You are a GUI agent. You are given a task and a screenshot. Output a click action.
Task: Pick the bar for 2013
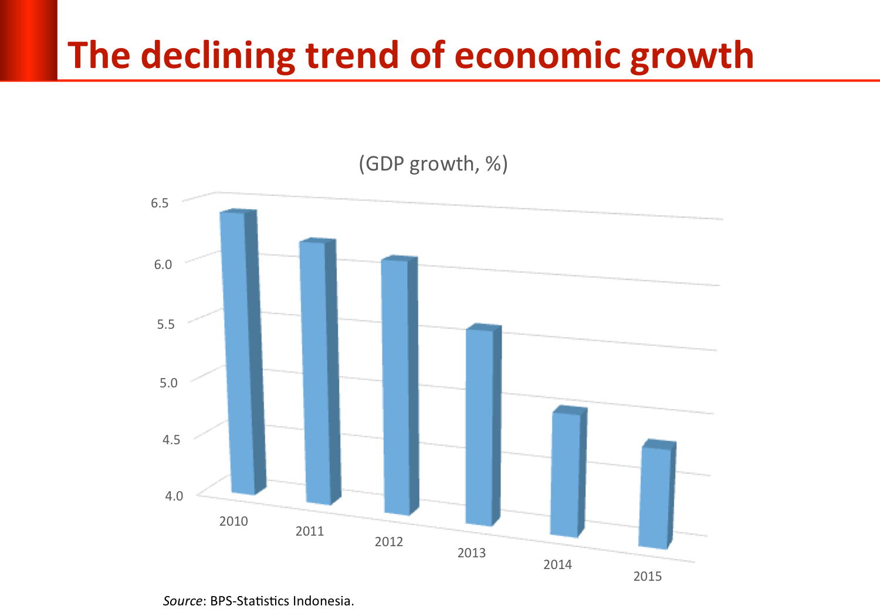pyautogui.click(x=482, y=425)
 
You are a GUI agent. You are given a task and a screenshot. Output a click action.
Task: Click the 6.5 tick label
pyautogui.click(x=160, y=203)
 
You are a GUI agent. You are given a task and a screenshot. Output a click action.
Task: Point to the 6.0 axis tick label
pyautogui.click(x=163, y=264)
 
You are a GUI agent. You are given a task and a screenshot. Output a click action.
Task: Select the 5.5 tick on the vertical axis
pyautogui.click(x=165, y=324)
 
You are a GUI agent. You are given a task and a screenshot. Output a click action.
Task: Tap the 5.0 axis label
pyautogui.click(x=168, y=383)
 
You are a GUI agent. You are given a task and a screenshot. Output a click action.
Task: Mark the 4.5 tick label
pyautogui.click(x=171, y=440)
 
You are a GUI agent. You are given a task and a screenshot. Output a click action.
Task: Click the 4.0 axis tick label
pyautogui.click(x=174, y=496)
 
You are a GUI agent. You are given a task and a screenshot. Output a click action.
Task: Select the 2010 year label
pyautogui.click(x=233, y=521)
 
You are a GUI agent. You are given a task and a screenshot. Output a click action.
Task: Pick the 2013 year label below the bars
pyautogui.click(x=472, y=553)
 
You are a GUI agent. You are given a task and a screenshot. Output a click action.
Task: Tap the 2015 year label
pyautogui.click(x=648, y=576)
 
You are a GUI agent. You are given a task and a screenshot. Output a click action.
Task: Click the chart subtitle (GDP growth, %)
pyautogui.click(x=433, y=164)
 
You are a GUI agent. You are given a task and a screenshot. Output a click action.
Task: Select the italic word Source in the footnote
pyautogui.click(x=182, y=601)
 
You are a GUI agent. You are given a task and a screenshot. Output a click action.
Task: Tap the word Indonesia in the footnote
pyautogui.click(x=323, y=601)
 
